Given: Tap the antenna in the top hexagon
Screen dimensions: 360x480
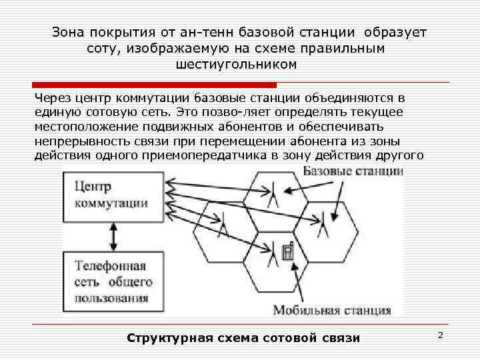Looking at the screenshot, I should [x=273, y=195].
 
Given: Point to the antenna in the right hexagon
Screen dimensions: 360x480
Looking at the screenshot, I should [x=323, y=225].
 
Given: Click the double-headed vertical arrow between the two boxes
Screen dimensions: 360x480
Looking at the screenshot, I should [x=115, y=234].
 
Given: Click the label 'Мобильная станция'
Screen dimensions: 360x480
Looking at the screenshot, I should [x=331, y=310].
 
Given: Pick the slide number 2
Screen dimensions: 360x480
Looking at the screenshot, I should [x=440, y=334].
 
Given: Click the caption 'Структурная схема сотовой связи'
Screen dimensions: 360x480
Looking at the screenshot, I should [x=243, y=338].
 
